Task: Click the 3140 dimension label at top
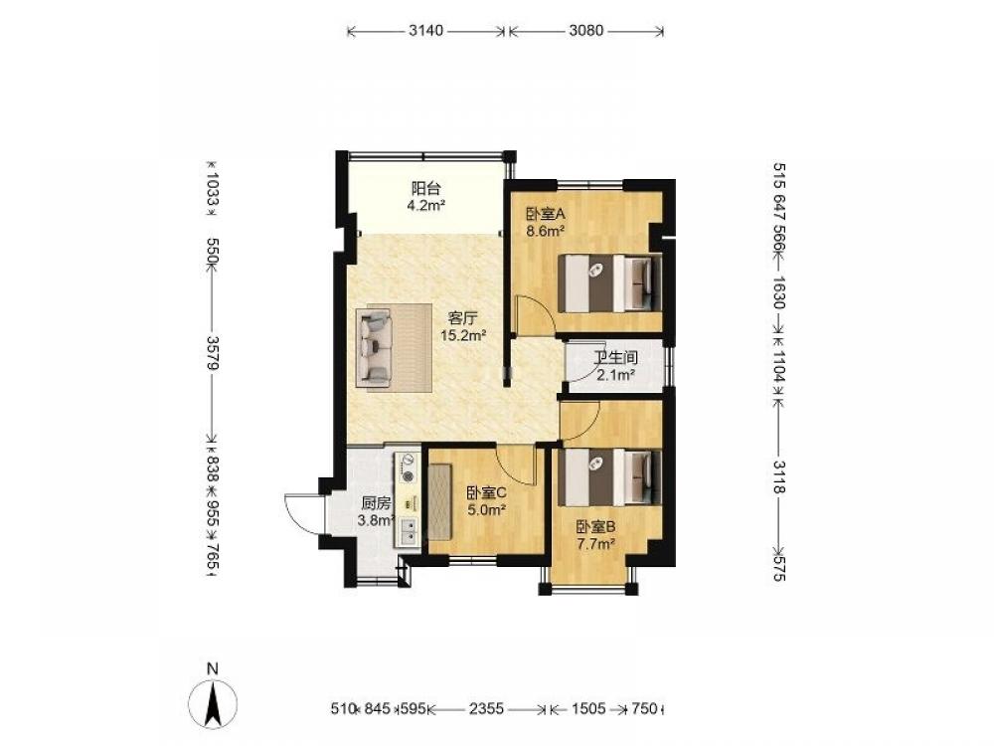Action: pos(426,31)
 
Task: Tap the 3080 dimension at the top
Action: pos(585,31)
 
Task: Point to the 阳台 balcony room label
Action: pos(426,188)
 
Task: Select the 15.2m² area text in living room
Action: pos(463,335)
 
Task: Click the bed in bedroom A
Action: pos(609,282)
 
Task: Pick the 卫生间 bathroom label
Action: pos(615,359)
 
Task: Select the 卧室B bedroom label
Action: pos(595,526)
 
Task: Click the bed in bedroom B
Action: pos(609,477)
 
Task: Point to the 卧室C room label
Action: pos(486,492)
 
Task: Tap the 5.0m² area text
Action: pos(486,509)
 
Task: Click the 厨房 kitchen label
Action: pos(376,504)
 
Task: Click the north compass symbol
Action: pos(215,702)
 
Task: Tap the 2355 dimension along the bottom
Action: pos(486,708)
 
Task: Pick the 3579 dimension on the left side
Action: pos(213,354)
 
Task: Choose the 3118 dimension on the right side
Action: pos(779,477)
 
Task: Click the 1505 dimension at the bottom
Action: pos(588,708)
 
